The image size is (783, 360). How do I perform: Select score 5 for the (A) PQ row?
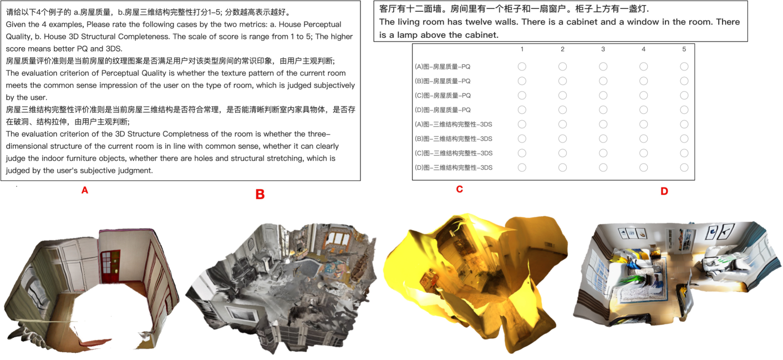[x=684, y=67]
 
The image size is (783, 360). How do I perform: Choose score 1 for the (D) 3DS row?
[x=522, y=168]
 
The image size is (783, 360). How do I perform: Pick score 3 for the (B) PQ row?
[x=603, y=81]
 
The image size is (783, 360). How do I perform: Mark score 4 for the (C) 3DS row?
[x=643, y=153]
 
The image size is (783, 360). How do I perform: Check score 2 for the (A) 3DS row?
[x=562, y=124]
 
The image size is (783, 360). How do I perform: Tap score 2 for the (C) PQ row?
[x=562, y=95]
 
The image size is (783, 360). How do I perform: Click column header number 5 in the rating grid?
[x=684, y=49]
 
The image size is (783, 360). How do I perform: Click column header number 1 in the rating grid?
[x=522, y=49]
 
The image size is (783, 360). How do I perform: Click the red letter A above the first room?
[x=85, y=190]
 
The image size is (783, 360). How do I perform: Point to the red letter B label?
[x=260, y=194]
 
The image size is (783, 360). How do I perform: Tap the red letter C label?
[x=459, y=189]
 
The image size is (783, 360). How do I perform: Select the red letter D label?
[x=664, y=191]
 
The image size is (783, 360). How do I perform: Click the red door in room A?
[x=110, y=266]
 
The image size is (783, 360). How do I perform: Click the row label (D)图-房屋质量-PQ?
[x=443, y=110]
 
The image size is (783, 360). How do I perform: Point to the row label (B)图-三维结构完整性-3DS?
[x=454, y=139]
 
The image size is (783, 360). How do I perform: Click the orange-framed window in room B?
[x=335, y=238]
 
